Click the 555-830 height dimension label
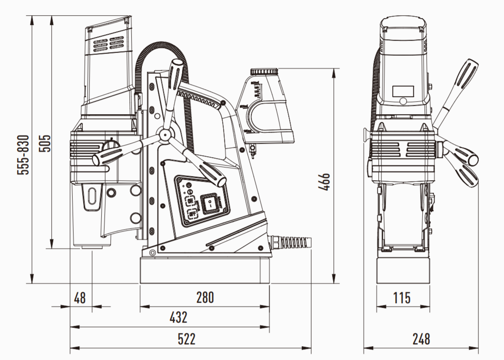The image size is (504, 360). click(23, 155)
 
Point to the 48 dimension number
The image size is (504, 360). click(80, 298)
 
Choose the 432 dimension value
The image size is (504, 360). click(178, 318)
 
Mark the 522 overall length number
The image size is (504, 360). click(187, 339)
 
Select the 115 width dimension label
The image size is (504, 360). click(401, 298)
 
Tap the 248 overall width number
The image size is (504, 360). click(421, 339)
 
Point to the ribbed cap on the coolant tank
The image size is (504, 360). click(265, 73)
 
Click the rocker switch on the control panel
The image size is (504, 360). click(210, 202)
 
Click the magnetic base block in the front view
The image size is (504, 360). click(403, 270)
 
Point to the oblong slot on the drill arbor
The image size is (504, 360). click(92, 195)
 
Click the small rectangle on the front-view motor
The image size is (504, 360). click(402, 91)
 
